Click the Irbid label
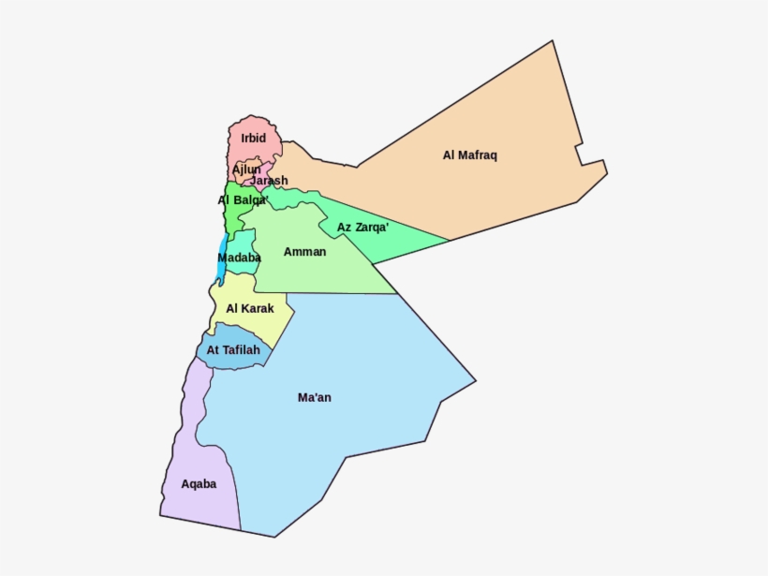point(253,139)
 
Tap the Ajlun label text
point(246,170)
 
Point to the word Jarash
point(269,181)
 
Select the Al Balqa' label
point(244,200)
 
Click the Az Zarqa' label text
point(362,228)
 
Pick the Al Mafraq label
point(469,155)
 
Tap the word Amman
point(304,252)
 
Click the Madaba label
point(239,258)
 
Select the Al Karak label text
point(250,308)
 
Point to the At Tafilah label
point(233,350)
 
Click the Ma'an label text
point(315,398)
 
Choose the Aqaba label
point(199,484)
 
